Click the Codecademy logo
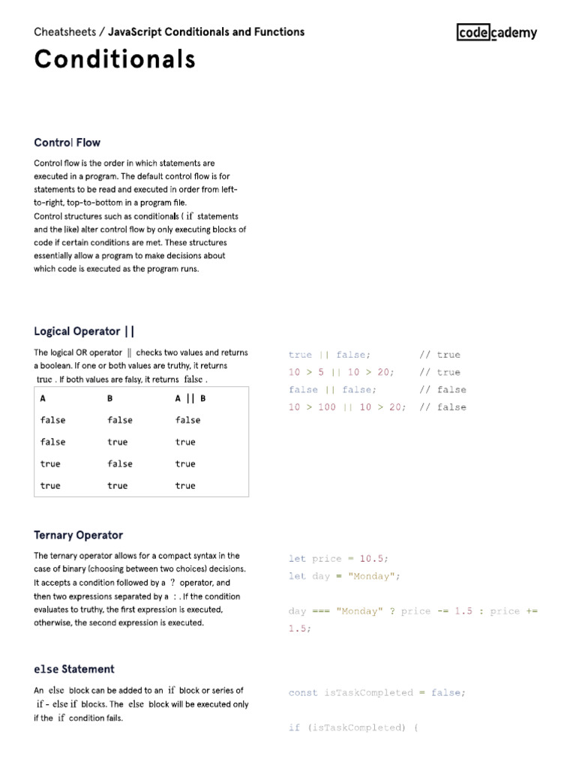click(x=496, y=31)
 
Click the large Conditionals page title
click(x=115, y=59)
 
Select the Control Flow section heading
click(x=67, y=142)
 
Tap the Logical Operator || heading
click(x=84, y=331)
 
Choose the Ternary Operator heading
click(x=78, y=535)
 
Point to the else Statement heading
click(x=73, y=668)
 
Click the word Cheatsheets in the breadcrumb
click(x=66, y=31)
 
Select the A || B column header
click(x=190, y=399)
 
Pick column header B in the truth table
click(x=110, y=399)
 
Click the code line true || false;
click(x=329, y=355)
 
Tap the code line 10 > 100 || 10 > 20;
click(x=347, y=407)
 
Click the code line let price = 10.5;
click(x=339, y=559)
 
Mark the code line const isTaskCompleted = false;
click(x=376, y=693)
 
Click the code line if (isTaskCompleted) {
click(x=353, y=728)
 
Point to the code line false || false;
click(x=332, y=390)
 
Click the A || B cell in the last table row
click(x=184, y=485)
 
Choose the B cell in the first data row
click(x=120, y=420)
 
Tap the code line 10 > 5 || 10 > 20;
click(x=341, y=372)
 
